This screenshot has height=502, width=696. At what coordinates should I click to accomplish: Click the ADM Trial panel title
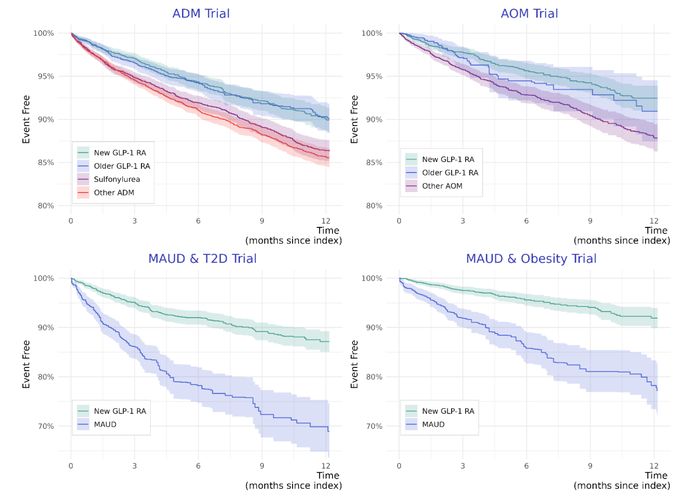tap(201, 14)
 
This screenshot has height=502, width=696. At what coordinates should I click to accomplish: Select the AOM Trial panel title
tap(529, 14)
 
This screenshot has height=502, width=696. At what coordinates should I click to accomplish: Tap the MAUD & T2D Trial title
tap(202, 258)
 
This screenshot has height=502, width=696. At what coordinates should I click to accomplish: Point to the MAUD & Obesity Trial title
tap(531, 258)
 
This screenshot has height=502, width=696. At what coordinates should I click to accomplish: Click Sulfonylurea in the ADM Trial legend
tap(117, 179)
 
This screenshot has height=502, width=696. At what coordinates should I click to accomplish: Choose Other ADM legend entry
tap(114, 192)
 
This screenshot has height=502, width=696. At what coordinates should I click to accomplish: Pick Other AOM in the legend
tap(442, 186)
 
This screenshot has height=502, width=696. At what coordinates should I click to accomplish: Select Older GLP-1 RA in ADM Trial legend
tap(122, 166)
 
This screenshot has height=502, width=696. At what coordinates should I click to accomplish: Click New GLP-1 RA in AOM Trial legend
tap(448, 159)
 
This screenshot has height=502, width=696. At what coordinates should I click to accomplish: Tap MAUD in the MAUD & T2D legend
tap(105, 425)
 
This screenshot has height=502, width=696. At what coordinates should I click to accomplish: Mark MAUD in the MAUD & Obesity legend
tap(433, 425)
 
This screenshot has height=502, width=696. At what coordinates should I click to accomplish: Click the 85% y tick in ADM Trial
tap(46, 163)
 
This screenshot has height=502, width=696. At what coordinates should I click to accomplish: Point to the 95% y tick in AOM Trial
tap(374, 77)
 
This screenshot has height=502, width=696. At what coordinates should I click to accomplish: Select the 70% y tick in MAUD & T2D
tap(46, 426)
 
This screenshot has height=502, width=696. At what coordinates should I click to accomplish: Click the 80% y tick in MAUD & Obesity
tap(374, 377)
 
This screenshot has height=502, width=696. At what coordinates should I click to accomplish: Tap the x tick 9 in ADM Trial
tap(262, 221)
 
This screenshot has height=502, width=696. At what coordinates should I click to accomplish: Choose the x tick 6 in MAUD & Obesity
tap(526, 466)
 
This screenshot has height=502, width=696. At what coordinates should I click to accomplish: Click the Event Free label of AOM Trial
tap(354, 119)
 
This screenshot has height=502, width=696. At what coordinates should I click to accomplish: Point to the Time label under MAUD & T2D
tap(328, 476)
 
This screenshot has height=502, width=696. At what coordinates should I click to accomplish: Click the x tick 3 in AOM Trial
tap(463, 221)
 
